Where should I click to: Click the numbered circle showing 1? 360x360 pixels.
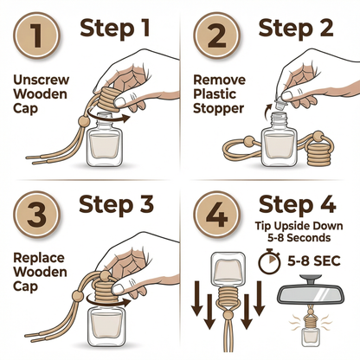pos(37,35)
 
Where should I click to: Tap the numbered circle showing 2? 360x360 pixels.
pos(216,35)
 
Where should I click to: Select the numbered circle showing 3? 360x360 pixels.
pos(37,215)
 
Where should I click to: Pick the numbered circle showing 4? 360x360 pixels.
pos(216,215)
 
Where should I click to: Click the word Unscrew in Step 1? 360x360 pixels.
pos(42,80)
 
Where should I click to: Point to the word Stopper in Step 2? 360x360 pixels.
pos(218,109)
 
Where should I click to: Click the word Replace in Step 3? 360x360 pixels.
pos(39,258)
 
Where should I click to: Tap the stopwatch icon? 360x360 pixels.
pos(269,261)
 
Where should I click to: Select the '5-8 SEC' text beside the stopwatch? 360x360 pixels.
pos(314,260)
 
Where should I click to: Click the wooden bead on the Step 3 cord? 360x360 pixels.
pos(77,296)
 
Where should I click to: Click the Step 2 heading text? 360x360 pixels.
pos(296,28)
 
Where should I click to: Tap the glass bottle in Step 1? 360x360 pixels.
pos(105,140)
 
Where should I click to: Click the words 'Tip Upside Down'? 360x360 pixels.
pos(299,226)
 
